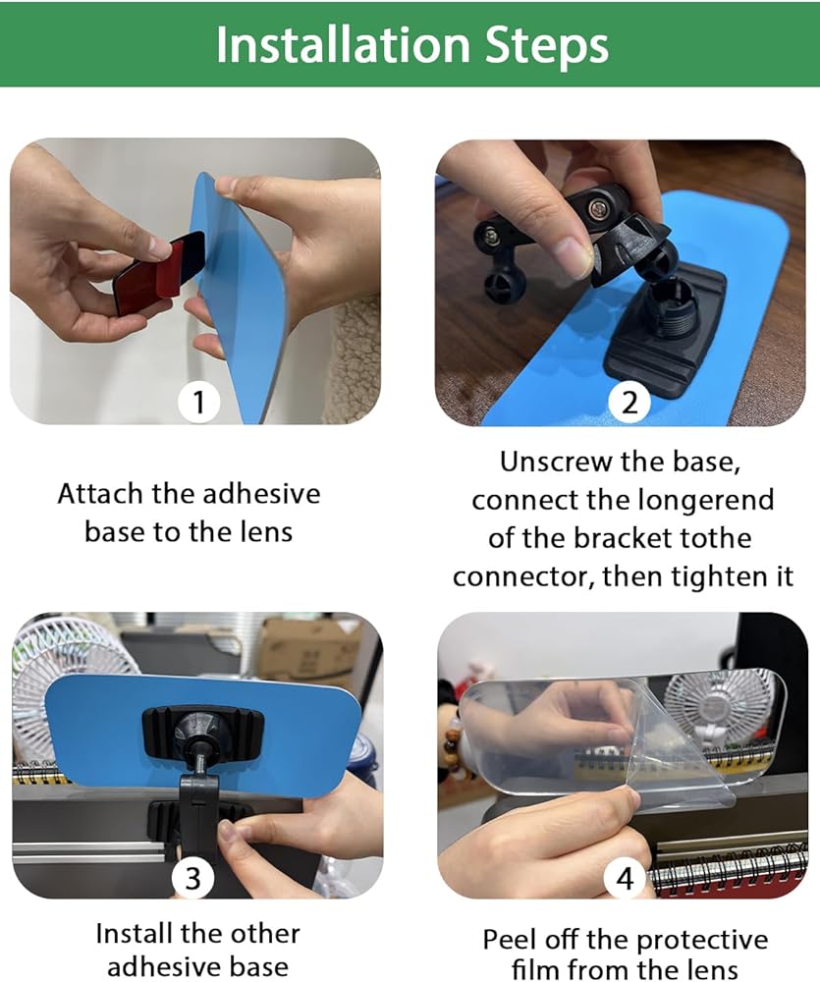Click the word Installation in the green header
pos(343,44)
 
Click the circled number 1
pos(198,402)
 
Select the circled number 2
pos(629,402)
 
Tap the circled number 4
pos(624,878)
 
